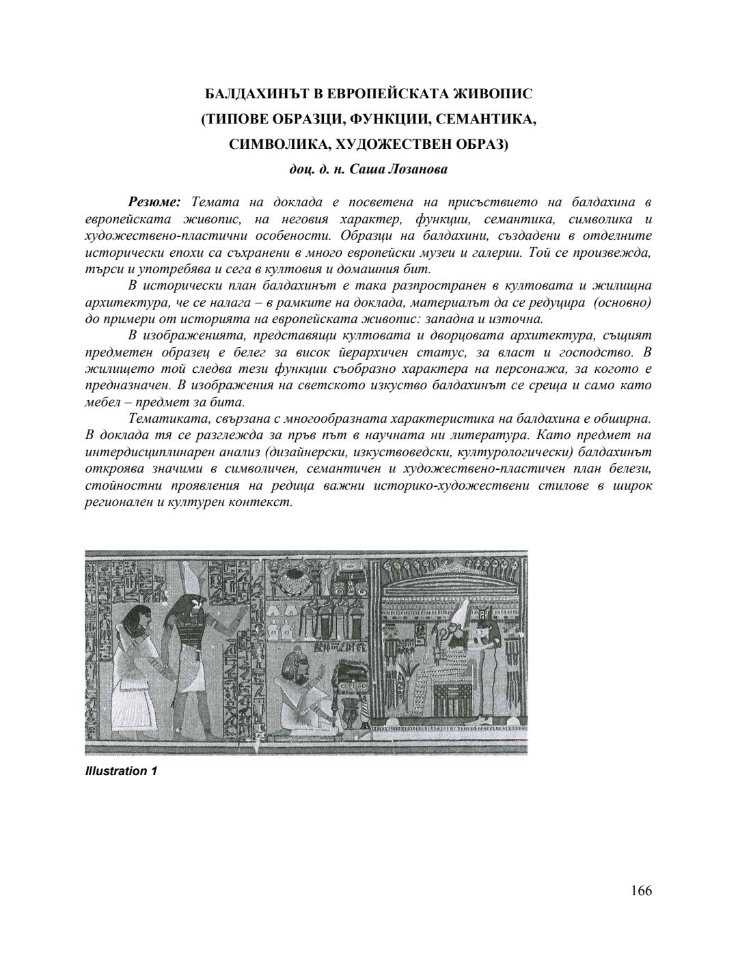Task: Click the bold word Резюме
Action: coord(154,202)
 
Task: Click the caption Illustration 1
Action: coord(122,771)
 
